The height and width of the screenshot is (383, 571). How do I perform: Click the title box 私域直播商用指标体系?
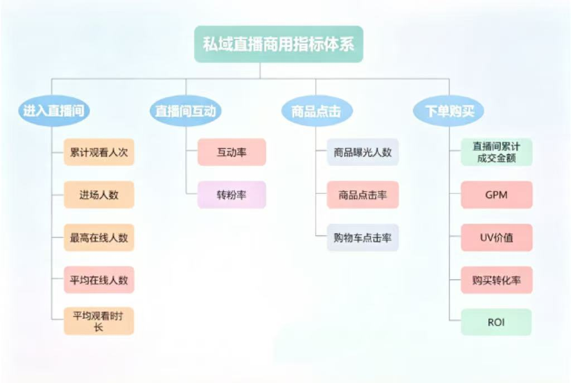click(x=278, y=44)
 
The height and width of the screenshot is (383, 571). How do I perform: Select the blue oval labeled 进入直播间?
click(x=54, y=111)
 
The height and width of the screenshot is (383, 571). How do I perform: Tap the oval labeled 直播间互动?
click(x=186, y=111)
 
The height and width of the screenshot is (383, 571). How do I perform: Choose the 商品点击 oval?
click(x=316, y=111)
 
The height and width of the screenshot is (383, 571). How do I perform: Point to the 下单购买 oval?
click(x=448, y=111)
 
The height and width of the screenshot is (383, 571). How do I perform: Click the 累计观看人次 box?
click(x=99, y=152)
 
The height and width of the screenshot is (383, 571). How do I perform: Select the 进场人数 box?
click(x=99, y=195)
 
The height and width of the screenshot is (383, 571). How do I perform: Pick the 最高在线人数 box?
click(x=99, y=237)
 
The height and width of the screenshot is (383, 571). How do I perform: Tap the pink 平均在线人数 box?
click(x=99, y=280)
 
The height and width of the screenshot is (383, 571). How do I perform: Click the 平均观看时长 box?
click(x=99, y=322)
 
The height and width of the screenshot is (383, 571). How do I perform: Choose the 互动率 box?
click(x=231, y=152)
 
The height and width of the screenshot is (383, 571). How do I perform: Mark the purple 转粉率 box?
click(x=231, y=195)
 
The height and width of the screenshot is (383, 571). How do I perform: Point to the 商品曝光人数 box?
click(x=362, y=152)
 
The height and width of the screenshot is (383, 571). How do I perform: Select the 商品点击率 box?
click(x=362, y=195)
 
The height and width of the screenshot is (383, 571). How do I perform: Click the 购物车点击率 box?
click(x=362, y=237)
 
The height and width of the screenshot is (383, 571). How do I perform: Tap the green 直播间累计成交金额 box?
click(x=496, y=152)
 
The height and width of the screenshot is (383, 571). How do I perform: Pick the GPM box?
click(x=496, y=195)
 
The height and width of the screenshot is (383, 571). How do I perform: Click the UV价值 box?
click(x=496, y=237)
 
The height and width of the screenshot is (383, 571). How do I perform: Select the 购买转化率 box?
click(x=496, y=280)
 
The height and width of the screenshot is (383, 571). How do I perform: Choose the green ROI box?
click(x=496, y=322)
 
